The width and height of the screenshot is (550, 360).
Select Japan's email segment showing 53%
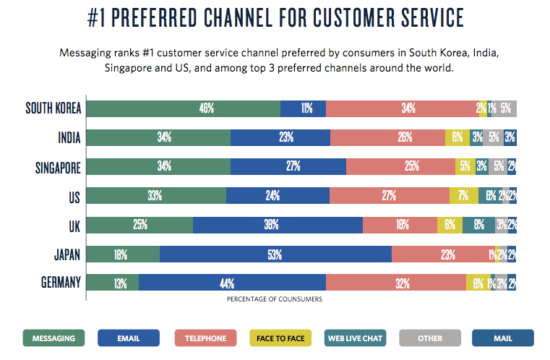pyautogui.click(x=275, y=254)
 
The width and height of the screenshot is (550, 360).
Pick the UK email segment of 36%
pyautogui.click(x=278, y=225)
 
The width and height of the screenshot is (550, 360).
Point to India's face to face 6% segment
pyautogui.click(x=457, y=137)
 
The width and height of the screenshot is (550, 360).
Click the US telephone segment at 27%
pyautogui.click(x=389, y=196)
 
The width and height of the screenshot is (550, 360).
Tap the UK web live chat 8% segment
pyautogui.click(x=478, y=225)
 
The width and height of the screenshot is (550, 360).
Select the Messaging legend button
pyautogui.click(x=54, y=338)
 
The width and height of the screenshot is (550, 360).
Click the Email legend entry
pyautogui.click(x=129, y=338)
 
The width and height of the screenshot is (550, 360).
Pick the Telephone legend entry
pyautogui.click(x=205, y=338)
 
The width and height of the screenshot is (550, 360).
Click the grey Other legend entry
pyautogui.click(x=429, y=338)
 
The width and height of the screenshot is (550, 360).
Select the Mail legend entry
pyautogui.click(x=503, y=338)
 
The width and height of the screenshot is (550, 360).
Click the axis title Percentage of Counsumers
pyautogui.click(x=275, y=298)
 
